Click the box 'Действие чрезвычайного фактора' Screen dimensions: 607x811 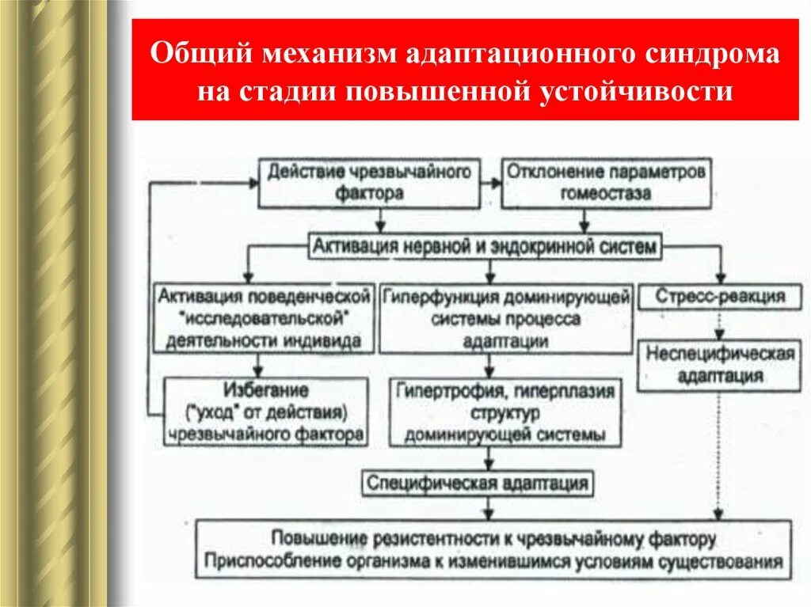[x=368, y=181]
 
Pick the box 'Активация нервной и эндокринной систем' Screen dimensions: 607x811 [x=484, y=247]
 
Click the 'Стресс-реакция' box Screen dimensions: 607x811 [x=720, y=298]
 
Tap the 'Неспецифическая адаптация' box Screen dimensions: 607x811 [x=720, y=364]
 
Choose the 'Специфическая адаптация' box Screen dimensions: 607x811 [x=478, y=483]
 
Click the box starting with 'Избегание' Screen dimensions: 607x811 [x=265, y=412]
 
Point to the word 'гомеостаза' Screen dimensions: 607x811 [x=607, y=192]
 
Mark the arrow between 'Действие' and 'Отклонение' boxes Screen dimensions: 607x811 [x=490, y=182]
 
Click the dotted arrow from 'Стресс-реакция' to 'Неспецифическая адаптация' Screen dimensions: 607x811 [x=720, y=324]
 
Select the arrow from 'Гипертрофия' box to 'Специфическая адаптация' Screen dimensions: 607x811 [x=490, y=458]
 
